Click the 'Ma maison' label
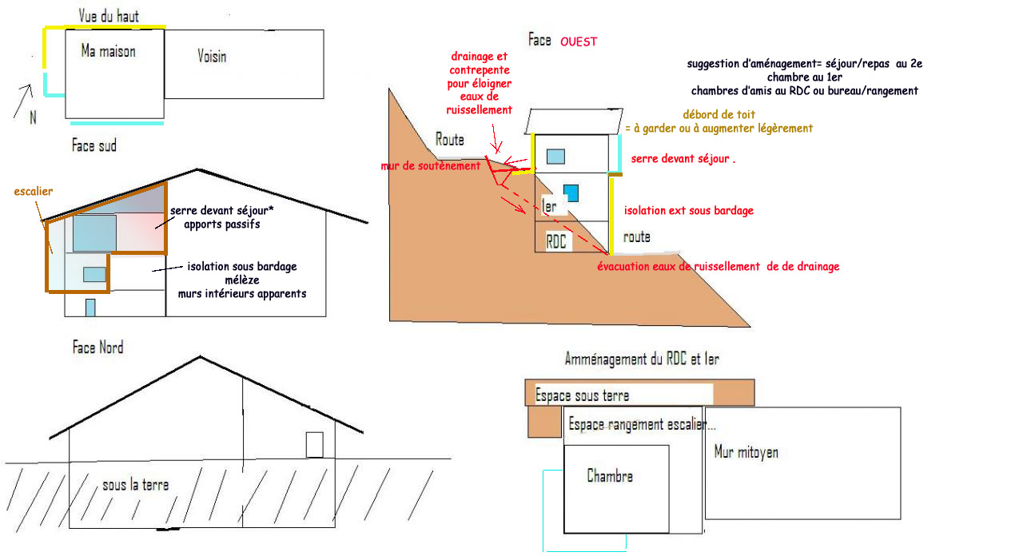point(108,51)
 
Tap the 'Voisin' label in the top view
point(212,56)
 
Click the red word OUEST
point(579,42)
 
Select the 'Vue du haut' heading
point(109,16)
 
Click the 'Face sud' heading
point(94,146)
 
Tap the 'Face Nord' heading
point(98,347)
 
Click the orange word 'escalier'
point(34,192)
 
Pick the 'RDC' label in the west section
point(556,240)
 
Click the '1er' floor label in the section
point(549,205)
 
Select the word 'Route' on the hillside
point(449,140)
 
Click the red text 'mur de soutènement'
point(431,165)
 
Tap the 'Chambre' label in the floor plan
point(610,476)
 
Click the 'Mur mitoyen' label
point(746,452)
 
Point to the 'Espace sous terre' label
point(582,395)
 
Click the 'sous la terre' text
point(135,485)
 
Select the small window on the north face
point(314,444)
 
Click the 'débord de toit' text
point(718,114)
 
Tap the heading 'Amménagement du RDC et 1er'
point(641,359)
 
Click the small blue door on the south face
point(90,308)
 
